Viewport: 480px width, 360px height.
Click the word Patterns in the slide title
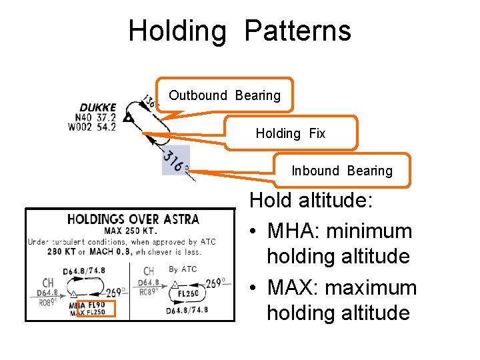[x=297, y=31]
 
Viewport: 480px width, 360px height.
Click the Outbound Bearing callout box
[x=225, y=95]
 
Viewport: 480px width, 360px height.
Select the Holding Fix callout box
[x=291, y=133]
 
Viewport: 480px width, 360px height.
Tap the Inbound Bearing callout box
[x=342, y=171]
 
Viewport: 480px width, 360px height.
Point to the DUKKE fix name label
[x=98, y=107]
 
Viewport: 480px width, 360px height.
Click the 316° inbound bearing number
[x=175, y=161]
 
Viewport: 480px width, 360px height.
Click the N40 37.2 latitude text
[x=97, y=117]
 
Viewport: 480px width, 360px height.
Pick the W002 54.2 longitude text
[x=97, y=127]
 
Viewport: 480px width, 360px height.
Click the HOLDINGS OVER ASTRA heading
[x=133, y=219]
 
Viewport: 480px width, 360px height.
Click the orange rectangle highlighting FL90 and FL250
[x=96, y=308]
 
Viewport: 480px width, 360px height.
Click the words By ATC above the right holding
[x=183, y=269]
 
